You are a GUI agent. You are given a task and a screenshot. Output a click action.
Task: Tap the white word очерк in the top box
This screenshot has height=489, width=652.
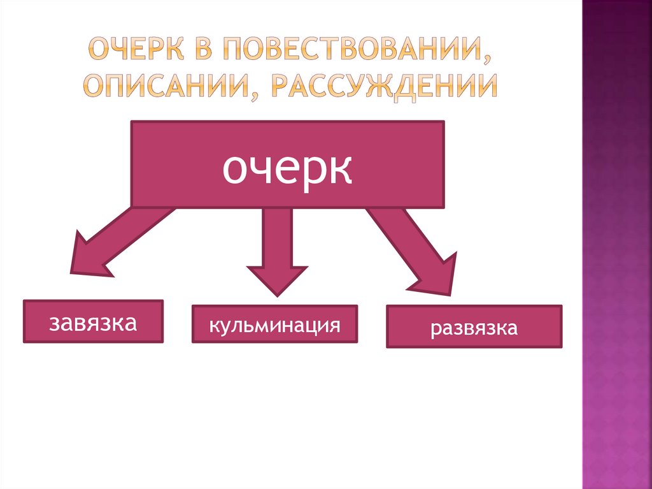point(287,168)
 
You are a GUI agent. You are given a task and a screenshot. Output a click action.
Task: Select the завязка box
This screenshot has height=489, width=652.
point(94,321)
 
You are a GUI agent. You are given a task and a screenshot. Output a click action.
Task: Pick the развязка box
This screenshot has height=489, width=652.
point(474,327)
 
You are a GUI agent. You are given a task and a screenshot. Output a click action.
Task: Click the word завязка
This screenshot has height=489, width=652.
point(94,323)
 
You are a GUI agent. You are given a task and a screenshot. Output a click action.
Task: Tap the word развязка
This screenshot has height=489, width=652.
point(474,329)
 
